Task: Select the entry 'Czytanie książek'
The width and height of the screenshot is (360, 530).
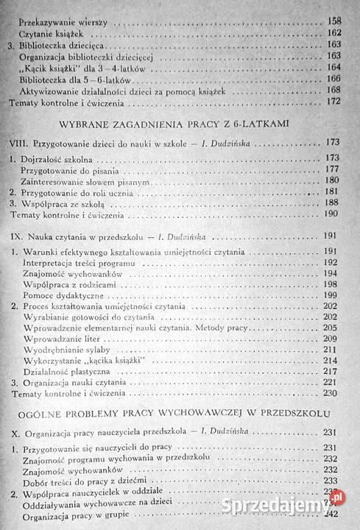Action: pyautogui.click(x=57, y=33)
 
